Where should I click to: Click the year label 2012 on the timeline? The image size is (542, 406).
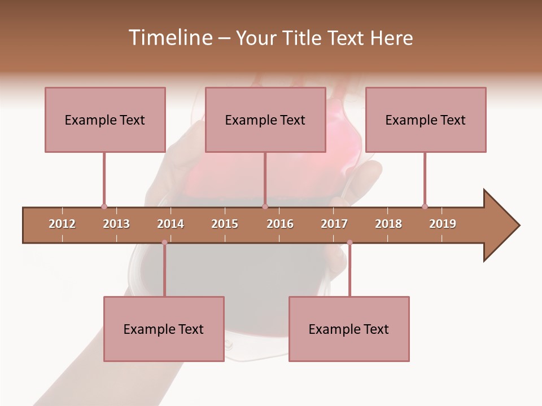click(x=62, y=224)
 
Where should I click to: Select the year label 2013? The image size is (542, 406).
click(x=116, y=224)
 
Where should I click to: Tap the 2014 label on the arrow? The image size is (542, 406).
click(x=171, y=224)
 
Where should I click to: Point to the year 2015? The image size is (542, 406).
click(x=225, y=224)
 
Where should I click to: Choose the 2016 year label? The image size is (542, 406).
click(x=280, y=224)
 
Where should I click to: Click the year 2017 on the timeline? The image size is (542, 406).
click(x=334, y=224)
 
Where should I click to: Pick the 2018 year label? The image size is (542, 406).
click(x=388, y=224)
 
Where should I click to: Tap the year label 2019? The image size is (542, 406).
click(x=443, y=224)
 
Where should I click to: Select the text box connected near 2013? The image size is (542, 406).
click(x=105, y=120)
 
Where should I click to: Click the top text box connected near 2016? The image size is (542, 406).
click(x=265, y=120)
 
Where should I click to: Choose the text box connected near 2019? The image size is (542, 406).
click(x=426, y=120)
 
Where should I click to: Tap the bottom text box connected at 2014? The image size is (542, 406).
click(x=164, y=329)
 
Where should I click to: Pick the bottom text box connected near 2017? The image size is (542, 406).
click(x=349, y=329)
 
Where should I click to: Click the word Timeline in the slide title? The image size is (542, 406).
click(x=169, y=38)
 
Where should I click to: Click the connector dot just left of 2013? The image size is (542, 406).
click(x=104, y=206)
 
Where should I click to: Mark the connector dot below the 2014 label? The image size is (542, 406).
click(x=164, y=242)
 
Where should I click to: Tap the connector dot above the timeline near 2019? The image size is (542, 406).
click(x=425, y=206)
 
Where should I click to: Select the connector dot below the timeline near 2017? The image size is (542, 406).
click(x=349, y=242)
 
